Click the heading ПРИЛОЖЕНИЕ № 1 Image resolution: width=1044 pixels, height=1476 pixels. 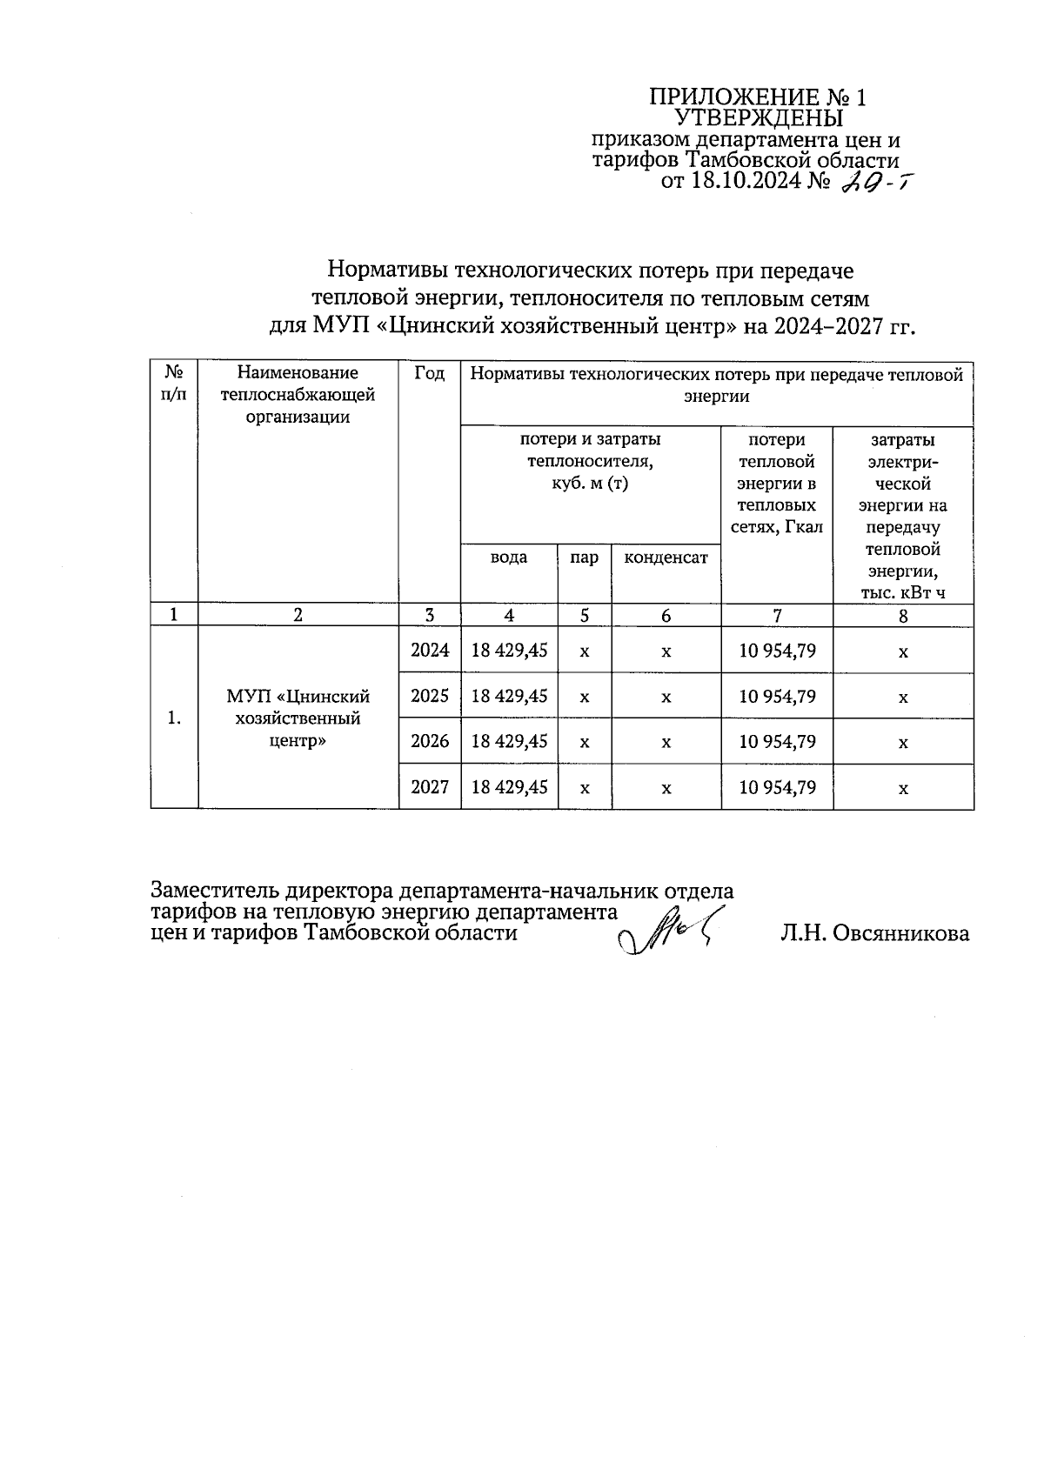pos(758,97)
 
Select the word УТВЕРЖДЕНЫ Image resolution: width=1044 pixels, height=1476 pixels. pos(759,117)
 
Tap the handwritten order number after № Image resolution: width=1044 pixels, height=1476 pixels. pos(873,181)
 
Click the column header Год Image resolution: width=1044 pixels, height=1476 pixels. pos(430,373)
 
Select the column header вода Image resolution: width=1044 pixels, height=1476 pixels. pos(509,558)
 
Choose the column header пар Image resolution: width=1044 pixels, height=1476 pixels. pos(584,558)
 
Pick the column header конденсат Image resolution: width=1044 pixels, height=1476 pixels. pos(666,558)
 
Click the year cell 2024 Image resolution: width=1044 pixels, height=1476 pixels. pos(430,650)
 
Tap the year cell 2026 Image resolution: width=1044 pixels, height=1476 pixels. pos(430,741)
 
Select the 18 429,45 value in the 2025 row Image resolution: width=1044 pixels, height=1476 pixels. pos(509,696)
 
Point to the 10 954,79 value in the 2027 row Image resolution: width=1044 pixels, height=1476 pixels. pos(777,787)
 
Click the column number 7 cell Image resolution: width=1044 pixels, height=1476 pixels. pos(777,615)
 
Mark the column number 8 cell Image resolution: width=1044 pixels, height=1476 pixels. pos(903,615)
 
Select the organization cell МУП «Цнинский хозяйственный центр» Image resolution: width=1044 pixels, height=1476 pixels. pos(298,718)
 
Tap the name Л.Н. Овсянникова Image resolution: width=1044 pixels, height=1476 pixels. pos(874,933)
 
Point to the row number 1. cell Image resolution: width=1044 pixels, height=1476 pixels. pos(175,718)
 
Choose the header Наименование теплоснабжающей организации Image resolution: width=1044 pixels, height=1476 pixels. pos(298,395)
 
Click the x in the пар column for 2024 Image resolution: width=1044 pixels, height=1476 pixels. pos(584,651)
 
